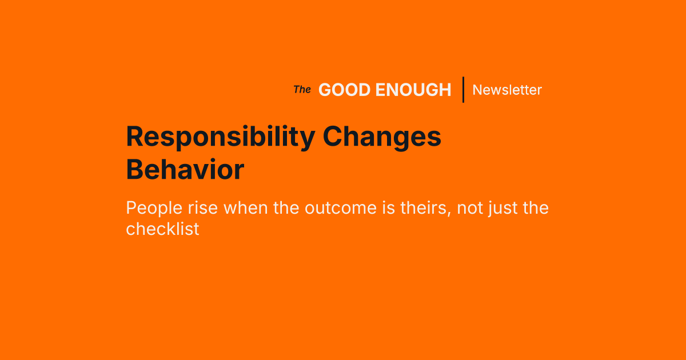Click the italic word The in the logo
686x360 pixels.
302,90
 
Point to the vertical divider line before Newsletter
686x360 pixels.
463,90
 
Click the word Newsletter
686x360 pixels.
507,90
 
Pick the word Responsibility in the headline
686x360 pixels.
220,138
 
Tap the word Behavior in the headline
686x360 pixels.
185,170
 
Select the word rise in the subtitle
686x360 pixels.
204,207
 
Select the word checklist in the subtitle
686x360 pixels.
162,229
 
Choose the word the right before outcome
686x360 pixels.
286,207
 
